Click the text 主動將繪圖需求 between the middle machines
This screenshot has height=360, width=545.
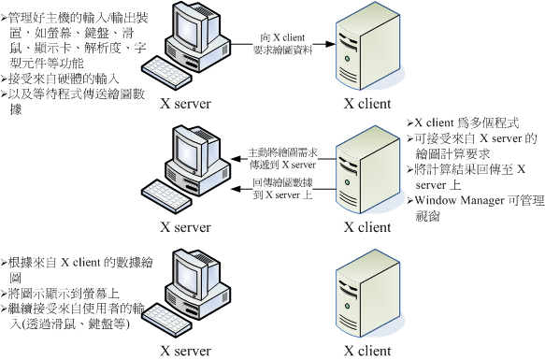280,151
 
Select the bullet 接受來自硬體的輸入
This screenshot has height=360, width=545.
60,81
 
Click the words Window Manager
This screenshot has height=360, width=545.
457,200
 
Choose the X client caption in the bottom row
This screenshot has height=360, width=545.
367,351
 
